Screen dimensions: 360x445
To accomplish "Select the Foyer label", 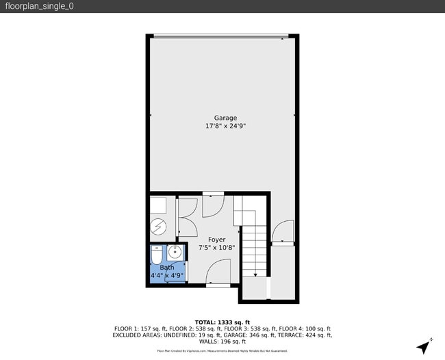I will [216, 240].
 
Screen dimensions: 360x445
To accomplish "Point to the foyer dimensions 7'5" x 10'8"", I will [216, 248].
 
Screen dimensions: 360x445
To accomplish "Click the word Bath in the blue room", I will [167, 268].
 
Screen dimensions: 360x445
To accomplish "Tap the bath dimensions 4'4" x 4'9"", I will [167, 276].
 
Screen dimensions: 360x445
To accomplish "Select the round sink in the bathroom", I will [174, 251].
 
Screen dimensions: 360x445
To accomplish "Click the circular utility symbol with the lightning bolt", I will [157, 225].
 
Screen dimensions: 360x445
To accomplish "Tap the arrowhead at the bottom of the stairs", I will [255, 274].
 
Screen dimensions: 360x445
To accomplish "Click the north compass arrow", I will [426, 346].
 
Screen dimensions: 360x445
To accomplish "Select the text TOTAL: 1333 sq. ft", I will [222, 322].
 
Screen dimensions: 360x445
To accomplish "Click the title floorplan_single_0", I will [39, 6].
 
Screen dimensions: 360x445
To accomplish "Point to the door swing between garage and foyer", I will [214, 203].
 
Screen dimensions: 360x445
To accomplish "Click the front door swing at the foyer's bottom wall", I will [218, 277].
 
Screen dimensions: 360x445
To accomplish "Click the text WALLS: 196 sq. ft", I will [222, 342].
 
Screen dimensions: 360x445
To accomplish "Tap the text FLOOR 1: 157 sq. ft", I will [136, 329].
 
